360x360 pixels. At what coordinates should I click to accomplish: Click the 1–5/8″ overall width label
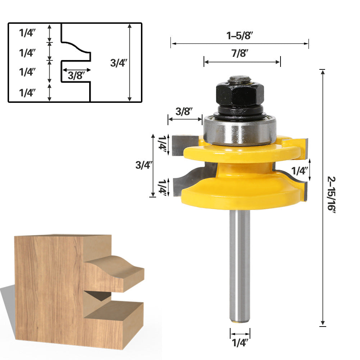240,36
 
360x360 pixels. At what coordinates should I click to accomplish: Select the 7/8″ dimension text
240,54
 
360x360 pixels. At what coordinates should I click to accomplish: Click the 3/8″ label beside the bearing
184,111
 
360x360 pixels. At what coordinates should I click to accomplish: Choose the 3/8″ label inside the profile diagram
76,76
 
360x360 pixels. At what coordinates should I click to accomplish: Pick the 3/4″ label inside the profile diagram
119,63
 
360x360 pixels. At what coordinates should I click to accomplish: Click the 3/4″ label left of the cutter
143,165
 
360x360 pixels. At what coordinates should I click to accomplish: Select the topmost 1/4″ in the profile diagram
28,33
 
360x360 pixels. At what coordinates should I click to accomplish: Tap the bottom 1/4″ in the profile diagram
28,93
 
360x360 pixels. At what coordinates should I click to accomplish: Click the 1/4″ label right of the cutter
300,171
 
